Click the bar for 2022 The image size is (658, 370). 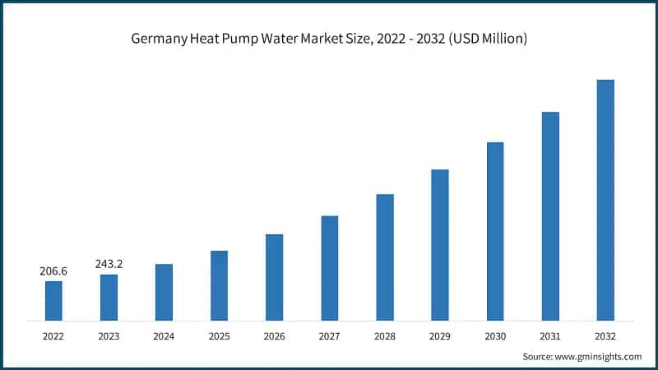pyautogui.click(x=53, y=300)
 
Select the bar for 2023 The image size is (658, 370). pyautogui.click(x=109, y=297)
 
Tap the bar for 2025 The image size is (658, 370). pyautogui.click(x=219, y=285)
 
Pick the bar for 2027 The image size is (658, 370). pyautogui.click(x=329, y=268)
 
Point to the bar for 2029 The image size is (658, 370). pyautogui.click(x=440, y=245)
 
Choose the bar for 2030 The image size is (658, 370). pyautogui.click(x=495, y=231)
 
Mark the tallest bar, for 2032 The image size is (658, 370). pyautogui.click(x=605, y=200)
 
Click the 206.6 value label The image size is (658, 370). pyautogui.click(x=53, y=271)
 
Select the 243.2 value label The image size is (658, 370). pyautogui.click(x=109, y=264)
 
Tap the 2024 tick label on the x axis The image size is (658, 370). pyautogui.click(x=164, y=335)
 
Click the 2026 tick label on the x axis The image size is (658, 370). pyautogui.click(x=274, y=335)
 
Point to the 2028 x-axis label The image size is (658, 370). pyautogui.click(x=385, y=335)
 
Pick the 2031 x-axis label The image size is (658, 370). pyautogui.click(x=550, y=335)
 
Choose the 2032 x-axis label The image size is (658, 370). pyautogui.click(x=605, y=335)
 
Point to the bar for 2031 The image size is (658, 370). pyautogui.click(x=550, y=216)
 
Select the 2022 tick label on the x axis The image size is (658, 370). pyautogui.click(x=53, y=335)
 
